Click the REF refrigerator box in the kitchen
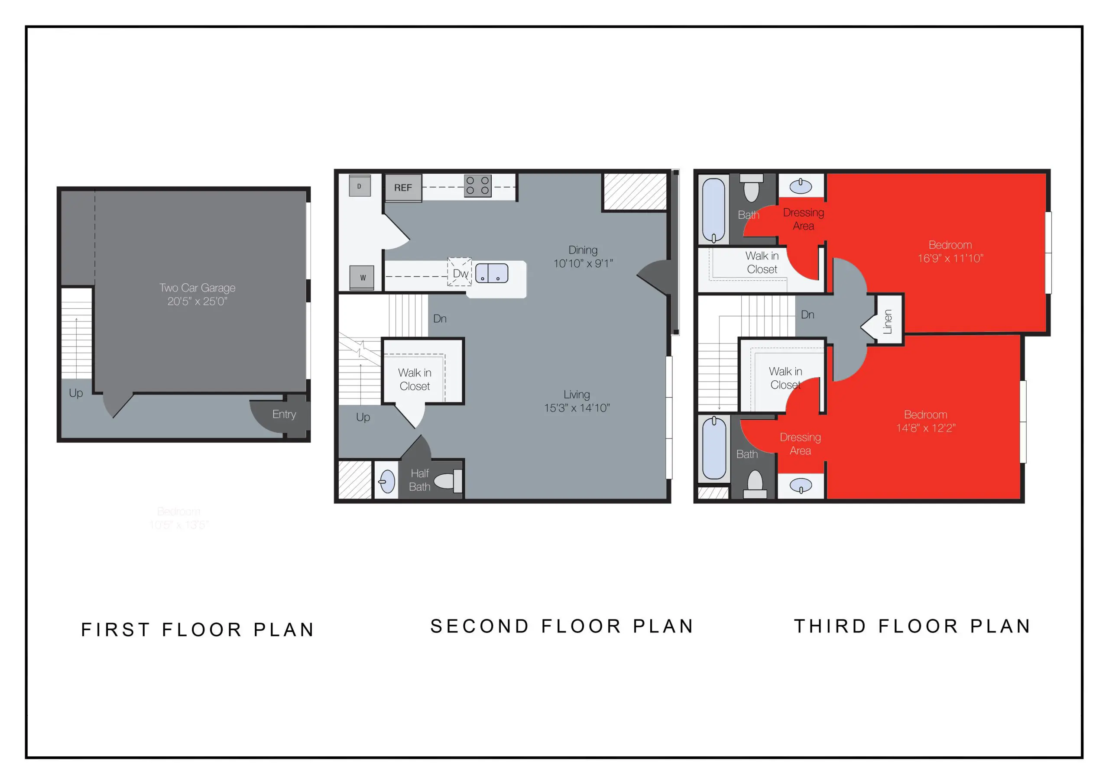[403, 188]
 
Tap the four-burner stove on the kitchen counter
[477, 186]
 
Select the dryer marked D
[360, 186]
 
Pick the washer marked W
[362, 277]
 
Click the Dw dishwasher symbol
[459, 272]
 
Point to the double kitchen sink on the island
[491, 273]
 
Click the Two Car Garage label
[197, 294]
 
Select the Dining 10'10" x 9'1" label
[583, 256]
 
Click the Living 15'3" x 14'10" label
[577, 401]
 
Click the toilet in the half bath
[447, 481]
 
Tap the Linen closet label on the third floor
[887, 321]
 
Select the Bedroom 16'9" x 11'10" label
[950, 251]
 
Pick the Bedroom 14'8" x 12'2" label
[925, 421]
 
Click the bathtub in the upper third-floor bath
[713, 210]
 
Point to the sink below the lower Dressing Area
[801, 485]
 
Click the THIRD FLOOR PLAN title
[912, 626]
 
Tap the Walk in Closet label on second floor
[415, 379]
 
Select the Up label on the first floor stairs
[76, 393]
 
